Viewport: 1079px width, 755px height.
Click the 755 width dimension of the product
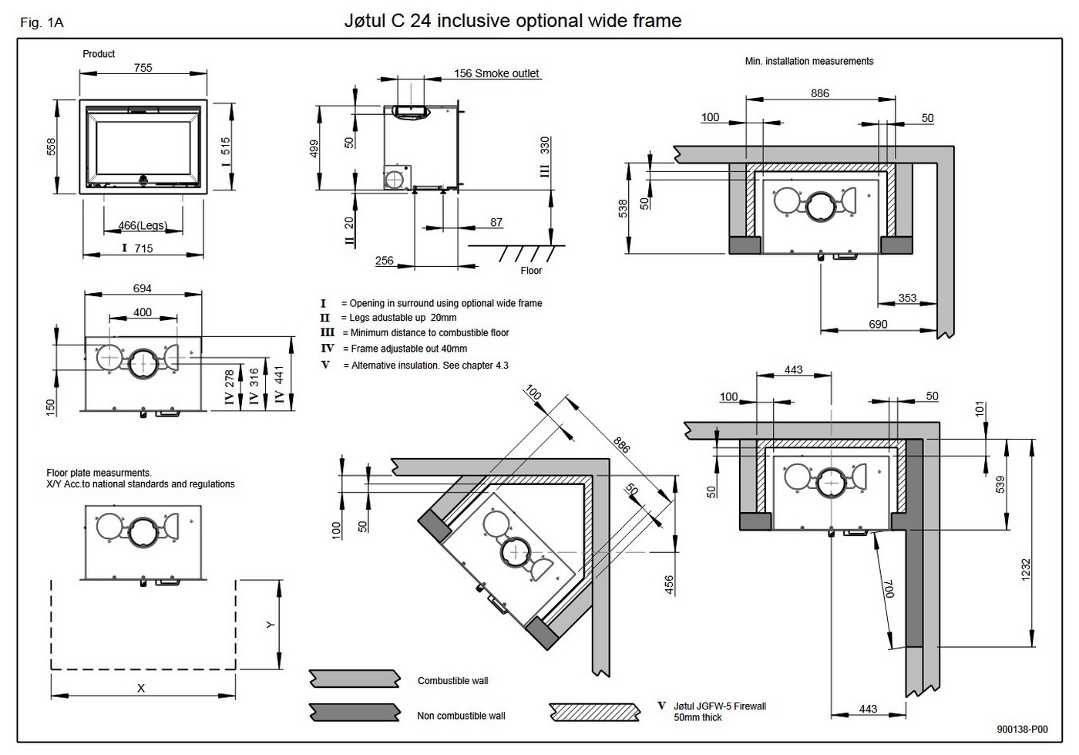143,68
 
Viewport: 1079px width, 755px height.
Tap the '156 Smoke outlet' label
496,73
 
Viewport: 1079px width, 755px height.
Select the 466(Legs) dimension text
143,225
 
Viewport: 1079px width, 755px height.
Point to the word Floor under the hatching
531,271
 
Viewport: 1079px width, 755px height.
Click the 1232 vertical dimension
1026,569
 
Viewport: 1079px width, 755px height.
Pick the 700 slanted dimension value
889,588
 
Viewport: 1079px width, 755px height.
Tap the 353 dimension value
907,298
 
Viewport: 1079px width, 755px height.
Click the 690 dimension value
878,324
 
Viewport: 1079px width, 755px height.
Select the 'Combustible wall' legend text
453,681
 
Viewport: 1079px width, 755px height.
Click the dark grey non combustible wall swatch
355,713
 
